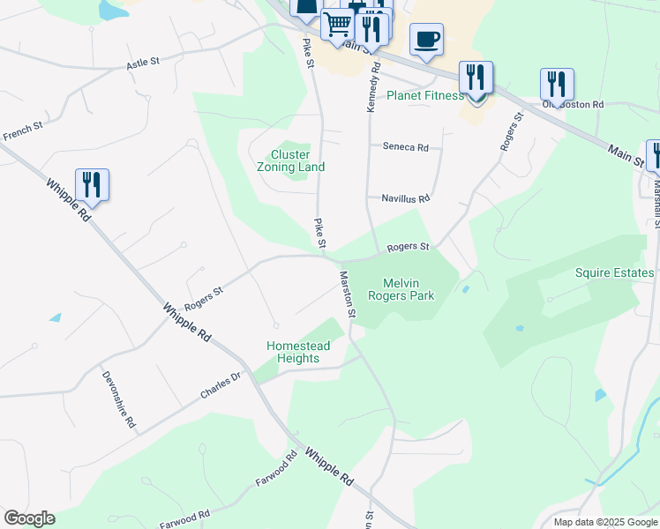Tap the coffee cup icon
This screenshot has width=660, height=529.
[426, 40]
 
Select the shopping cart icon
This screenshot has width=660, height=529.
[337, 25]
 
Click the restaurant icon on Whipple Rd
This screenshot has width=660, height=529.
[92, 185]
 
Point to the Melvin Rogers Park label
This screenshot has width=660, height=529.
[408, 289]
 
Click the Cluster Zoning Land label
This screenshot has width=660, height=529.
[290, 160]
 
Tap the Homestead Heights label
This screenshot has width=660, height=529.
[298, 352]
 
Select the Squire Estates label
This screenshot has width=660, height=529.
[614, 272]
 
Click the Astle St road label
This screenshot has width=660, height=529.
[142, 63]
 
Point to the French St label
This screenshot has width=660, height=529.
[23, 132]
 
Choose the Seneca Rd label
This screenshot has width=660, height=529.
[405, 147]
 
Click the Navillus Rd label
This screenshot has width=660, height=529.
[405, 198]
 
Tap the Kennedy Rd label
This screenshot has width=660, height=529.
[373, 86]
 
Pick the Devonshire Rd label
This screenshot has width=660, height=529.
[118, 398]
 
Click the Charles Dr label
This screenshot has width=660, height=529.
[220, 385]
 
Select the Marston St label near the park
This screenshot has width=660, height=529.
[347, 294]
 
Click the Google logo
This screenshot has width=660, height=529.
[29, 518]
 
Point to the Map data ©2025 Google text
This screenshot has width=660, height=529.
[604, 522]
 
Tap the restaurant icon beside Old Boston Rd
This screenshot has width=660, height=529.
[557, 85]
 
